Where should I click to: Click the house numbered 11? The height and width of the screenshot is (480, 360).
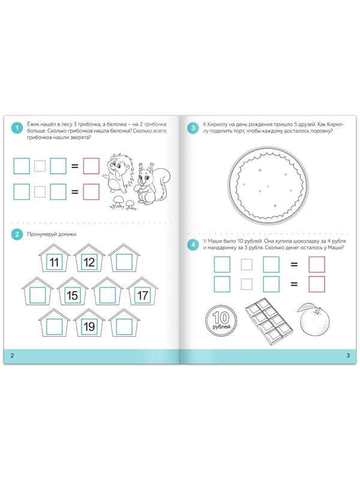coord(54,258)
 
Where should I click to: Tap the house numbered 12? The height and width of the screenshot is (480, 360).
coord(89,258)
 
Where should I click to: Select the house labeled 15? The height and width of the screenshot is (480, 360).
coord(72,291)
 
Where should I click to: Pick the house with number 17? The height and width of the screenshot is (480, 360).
coord(142,291)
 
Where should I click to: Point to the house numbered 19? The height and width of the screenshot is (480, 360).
coord(89,323)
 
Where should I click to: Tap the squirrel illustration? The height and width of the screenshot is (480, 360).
coord(152,184)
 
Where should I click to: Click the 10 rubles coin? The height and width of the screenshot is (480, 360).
coord(221,320)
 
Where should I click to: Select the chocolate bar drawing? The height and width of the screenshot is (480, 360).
coord(268,321)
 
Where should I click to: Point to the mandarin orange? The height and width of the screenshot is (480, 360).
coord(313,319)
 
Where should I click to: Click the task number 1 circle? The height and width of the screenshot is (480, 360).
coord(17,128)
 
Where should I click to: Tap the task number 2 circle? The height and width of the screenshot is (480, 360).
coord(17,235)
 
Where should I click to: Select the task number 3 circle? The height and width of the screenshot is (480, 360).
coord(193,128)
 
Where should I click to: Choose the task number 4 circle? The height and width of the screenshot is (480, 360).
coord(193,245)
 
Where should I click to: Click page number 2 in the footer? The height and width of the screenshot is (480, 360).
coord(12,356)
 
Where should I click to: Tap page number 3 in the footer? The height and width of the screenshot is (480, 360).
coord(348,356)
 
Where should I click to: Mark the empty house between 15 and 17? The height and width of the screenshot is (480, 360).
coord(107,291)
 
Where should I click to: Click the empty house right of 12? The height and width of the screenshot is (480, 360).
coord(124,258)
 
